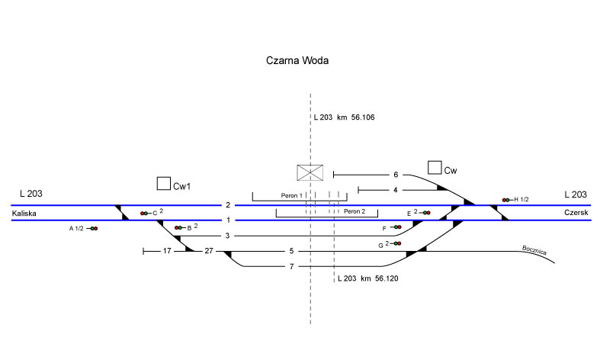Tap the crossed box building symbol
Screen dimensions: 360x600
[310, 173]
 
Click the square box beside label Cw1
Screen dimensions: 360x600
[162, 183]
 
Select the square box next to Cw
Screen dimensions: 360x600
[435, 167]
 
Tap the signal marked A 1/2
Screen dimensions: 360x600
[93, 228]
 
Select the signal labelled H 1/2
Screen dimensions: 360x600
[505, 200]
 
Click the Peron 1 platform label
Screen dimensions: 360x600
[291, 196]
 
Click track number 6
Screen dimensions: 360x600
[396, 175]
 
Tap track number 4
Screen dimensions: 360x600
[396, 189]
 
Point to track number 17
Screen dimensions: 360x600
[167, 250]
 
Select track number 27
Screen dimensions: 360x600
[209, 250]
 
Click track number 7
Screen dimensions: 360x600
[291, 266]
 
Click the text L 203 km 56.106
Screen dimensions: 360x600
[344, 117]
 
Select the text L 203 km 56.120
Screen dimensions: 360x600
[367, 278]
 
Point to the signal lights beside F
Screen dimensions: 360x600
[397, 227]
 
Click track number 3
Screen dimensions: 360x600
[227, 236]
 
